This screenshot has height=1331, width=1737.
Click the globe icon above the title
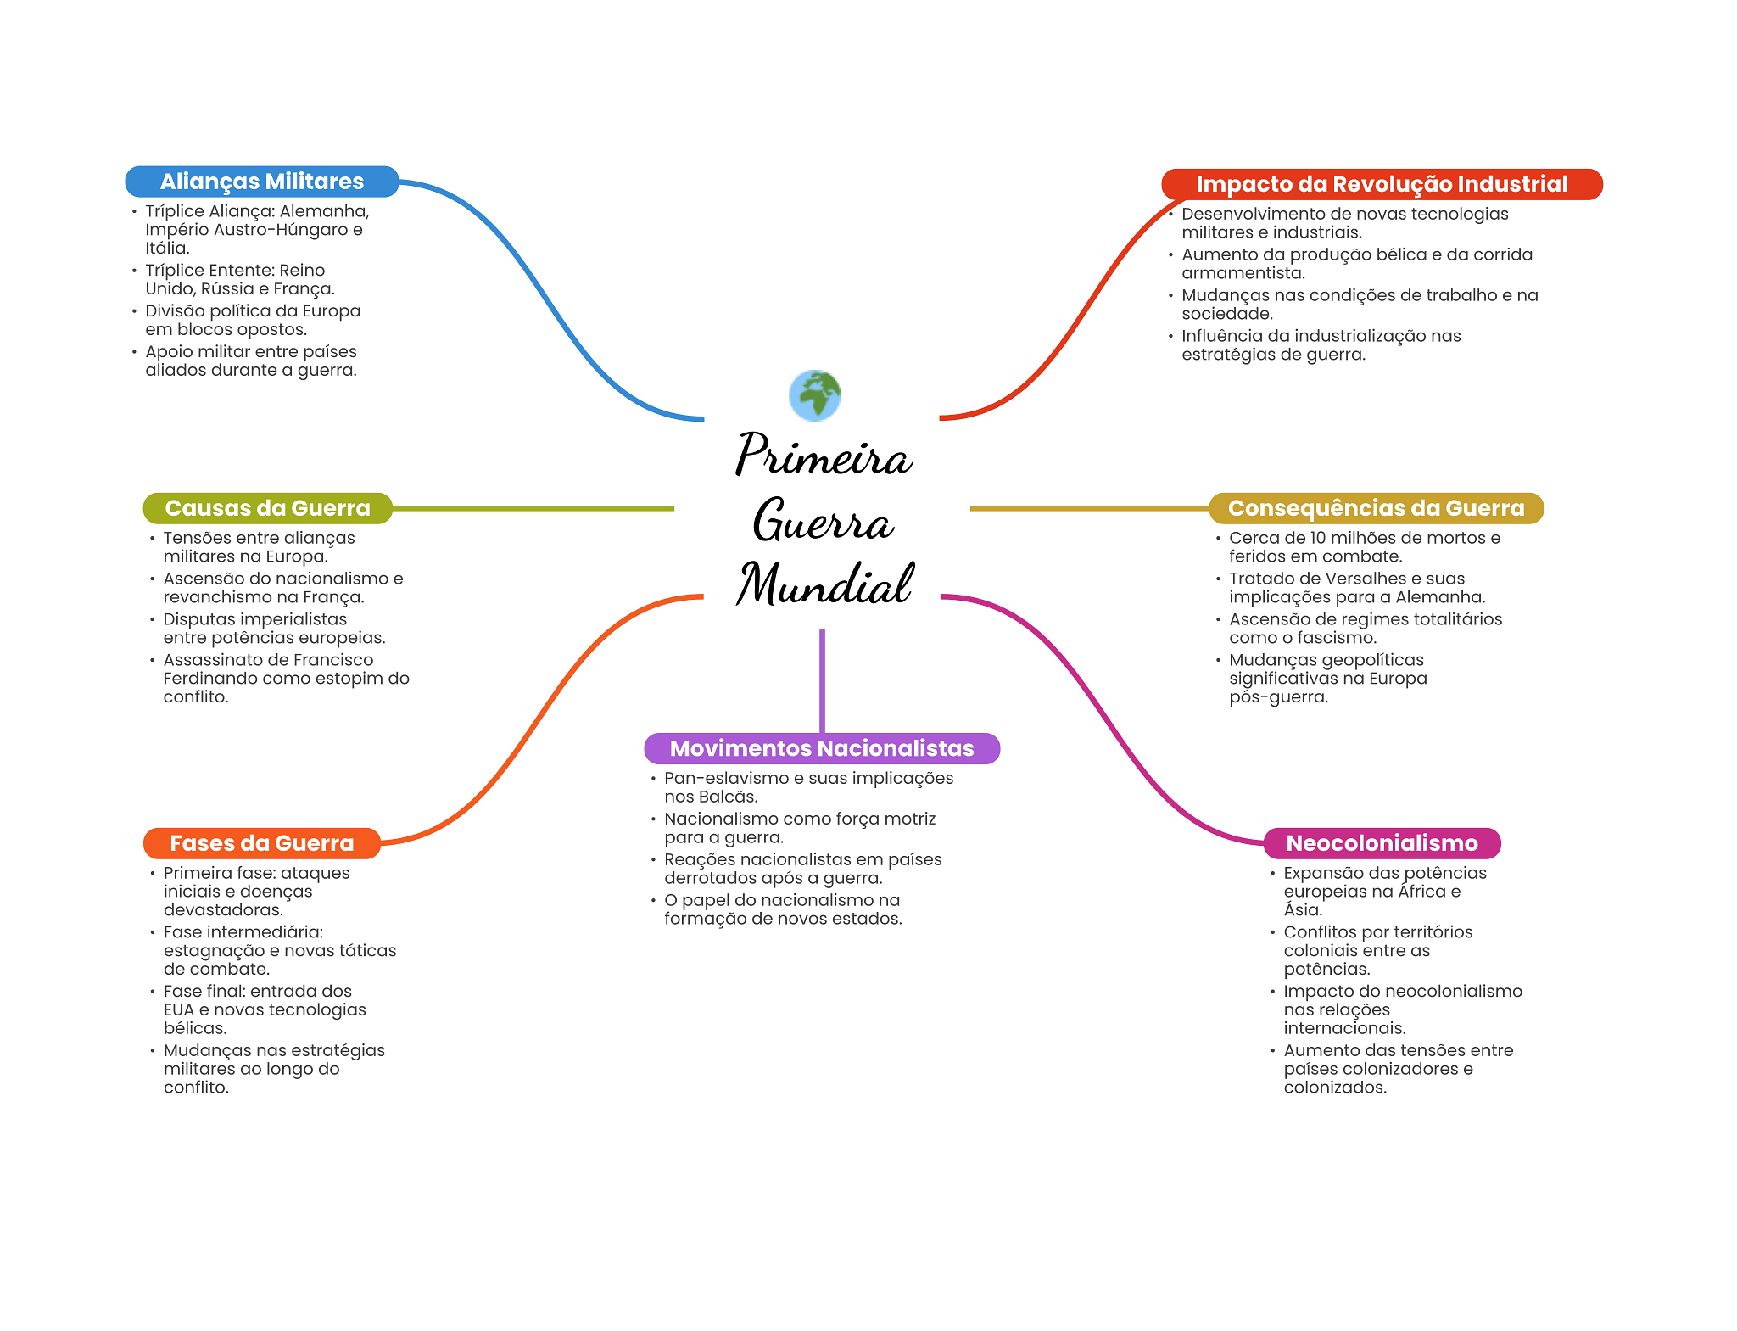[814, 395]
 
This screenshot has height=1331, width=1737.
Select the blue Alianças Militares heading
[262, 182]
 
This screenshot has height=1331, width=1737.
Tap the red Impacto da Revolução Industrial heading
[1382, 184]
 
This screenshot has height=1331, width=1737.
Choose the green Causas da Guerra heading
[268, 508]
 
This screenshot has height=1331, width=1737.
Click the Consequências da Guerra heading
[1376, 508]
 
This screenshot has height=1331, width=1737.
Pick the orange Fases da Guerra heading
[262, 843]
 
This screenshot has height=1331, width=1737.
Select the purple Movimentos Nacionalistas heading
[822, 748]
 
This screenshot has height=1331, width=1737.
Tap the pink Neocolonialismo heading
[1382, 843]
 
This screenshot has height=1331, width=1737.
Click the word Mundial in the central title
[825, 584]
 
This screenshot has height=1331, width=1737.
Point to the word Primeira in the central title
[824, 455]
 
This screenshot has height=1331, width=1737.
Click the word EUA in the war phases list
[179, 1009]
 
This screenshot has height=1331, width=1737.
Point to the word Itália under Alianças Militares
[167, 248]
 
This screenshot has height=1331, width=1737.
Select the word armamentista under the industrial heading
[1243, 273]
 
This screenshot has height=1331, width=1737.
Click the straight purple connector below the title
[822, 680]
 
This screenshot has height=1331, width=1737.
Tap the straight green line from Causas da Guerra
[533, 508]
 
